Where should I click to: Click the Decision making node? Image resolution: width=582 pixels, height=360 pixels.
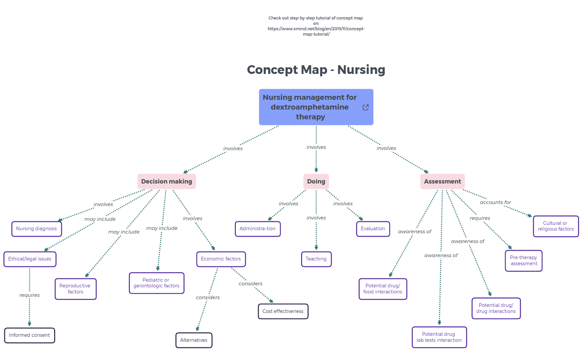tap(167, 182)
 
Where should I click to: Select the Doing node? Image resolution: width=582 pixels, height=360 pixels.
tap(316, 182)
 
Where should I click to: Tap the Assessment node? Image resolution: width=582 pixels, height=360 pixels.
tap(442, 182)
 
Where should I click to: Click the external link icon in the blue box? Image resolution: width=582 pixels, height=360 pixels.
tap(366, 107)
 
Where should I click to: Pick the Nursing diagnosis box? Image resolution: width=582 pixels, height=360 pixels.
tap(36, 229)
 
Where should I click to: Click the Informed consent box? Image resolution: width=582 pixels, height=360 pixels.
tap(29, 335)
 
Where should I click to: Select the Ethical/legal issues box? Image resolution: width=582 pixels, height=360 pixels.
tap(30, 259)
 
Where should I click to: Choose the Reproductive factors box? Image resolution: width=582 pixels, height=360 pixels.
tap(75, 289)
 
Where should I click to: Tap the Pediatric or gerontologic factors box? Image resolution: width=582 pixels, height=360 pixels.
tap(156, 283)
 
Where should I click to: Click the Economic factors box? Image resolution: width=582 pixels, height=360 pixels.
tap(221, 259)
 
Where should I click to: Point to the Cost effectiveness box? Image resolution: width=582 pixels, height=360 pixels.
tap(283, 311)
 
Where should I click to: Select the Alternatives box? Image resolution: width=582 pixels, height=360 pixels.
tap(193, 340)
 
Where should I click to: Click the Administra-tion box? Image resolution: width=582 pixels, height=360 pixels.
tap(257, 229)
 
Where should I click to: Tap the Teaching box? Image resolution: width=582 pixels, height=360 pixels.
tap(316, 259)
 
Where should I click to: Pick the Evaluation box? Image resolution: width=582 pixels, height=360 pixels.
tap(373, 229)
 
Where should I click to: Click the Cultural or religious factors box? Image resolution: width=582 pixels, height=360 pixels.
tap(555, 226)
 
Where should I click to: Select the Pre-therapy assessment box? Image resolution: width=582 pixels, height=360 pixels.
tap(523, 261)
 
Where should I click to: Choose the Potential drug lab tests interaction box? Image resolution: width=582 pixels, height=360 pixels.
tap(439, 337)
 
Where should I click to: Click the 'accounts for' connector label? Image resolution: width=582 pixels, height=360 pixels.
tap(495, 202)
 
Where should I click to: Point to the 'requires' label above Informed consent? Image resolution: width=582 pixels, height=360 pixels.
tap(30, 295)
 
